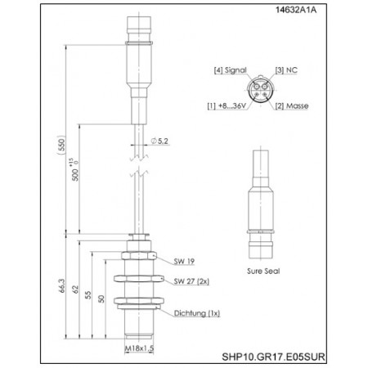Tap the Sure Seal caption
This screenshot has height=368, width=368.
(263, 268)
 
